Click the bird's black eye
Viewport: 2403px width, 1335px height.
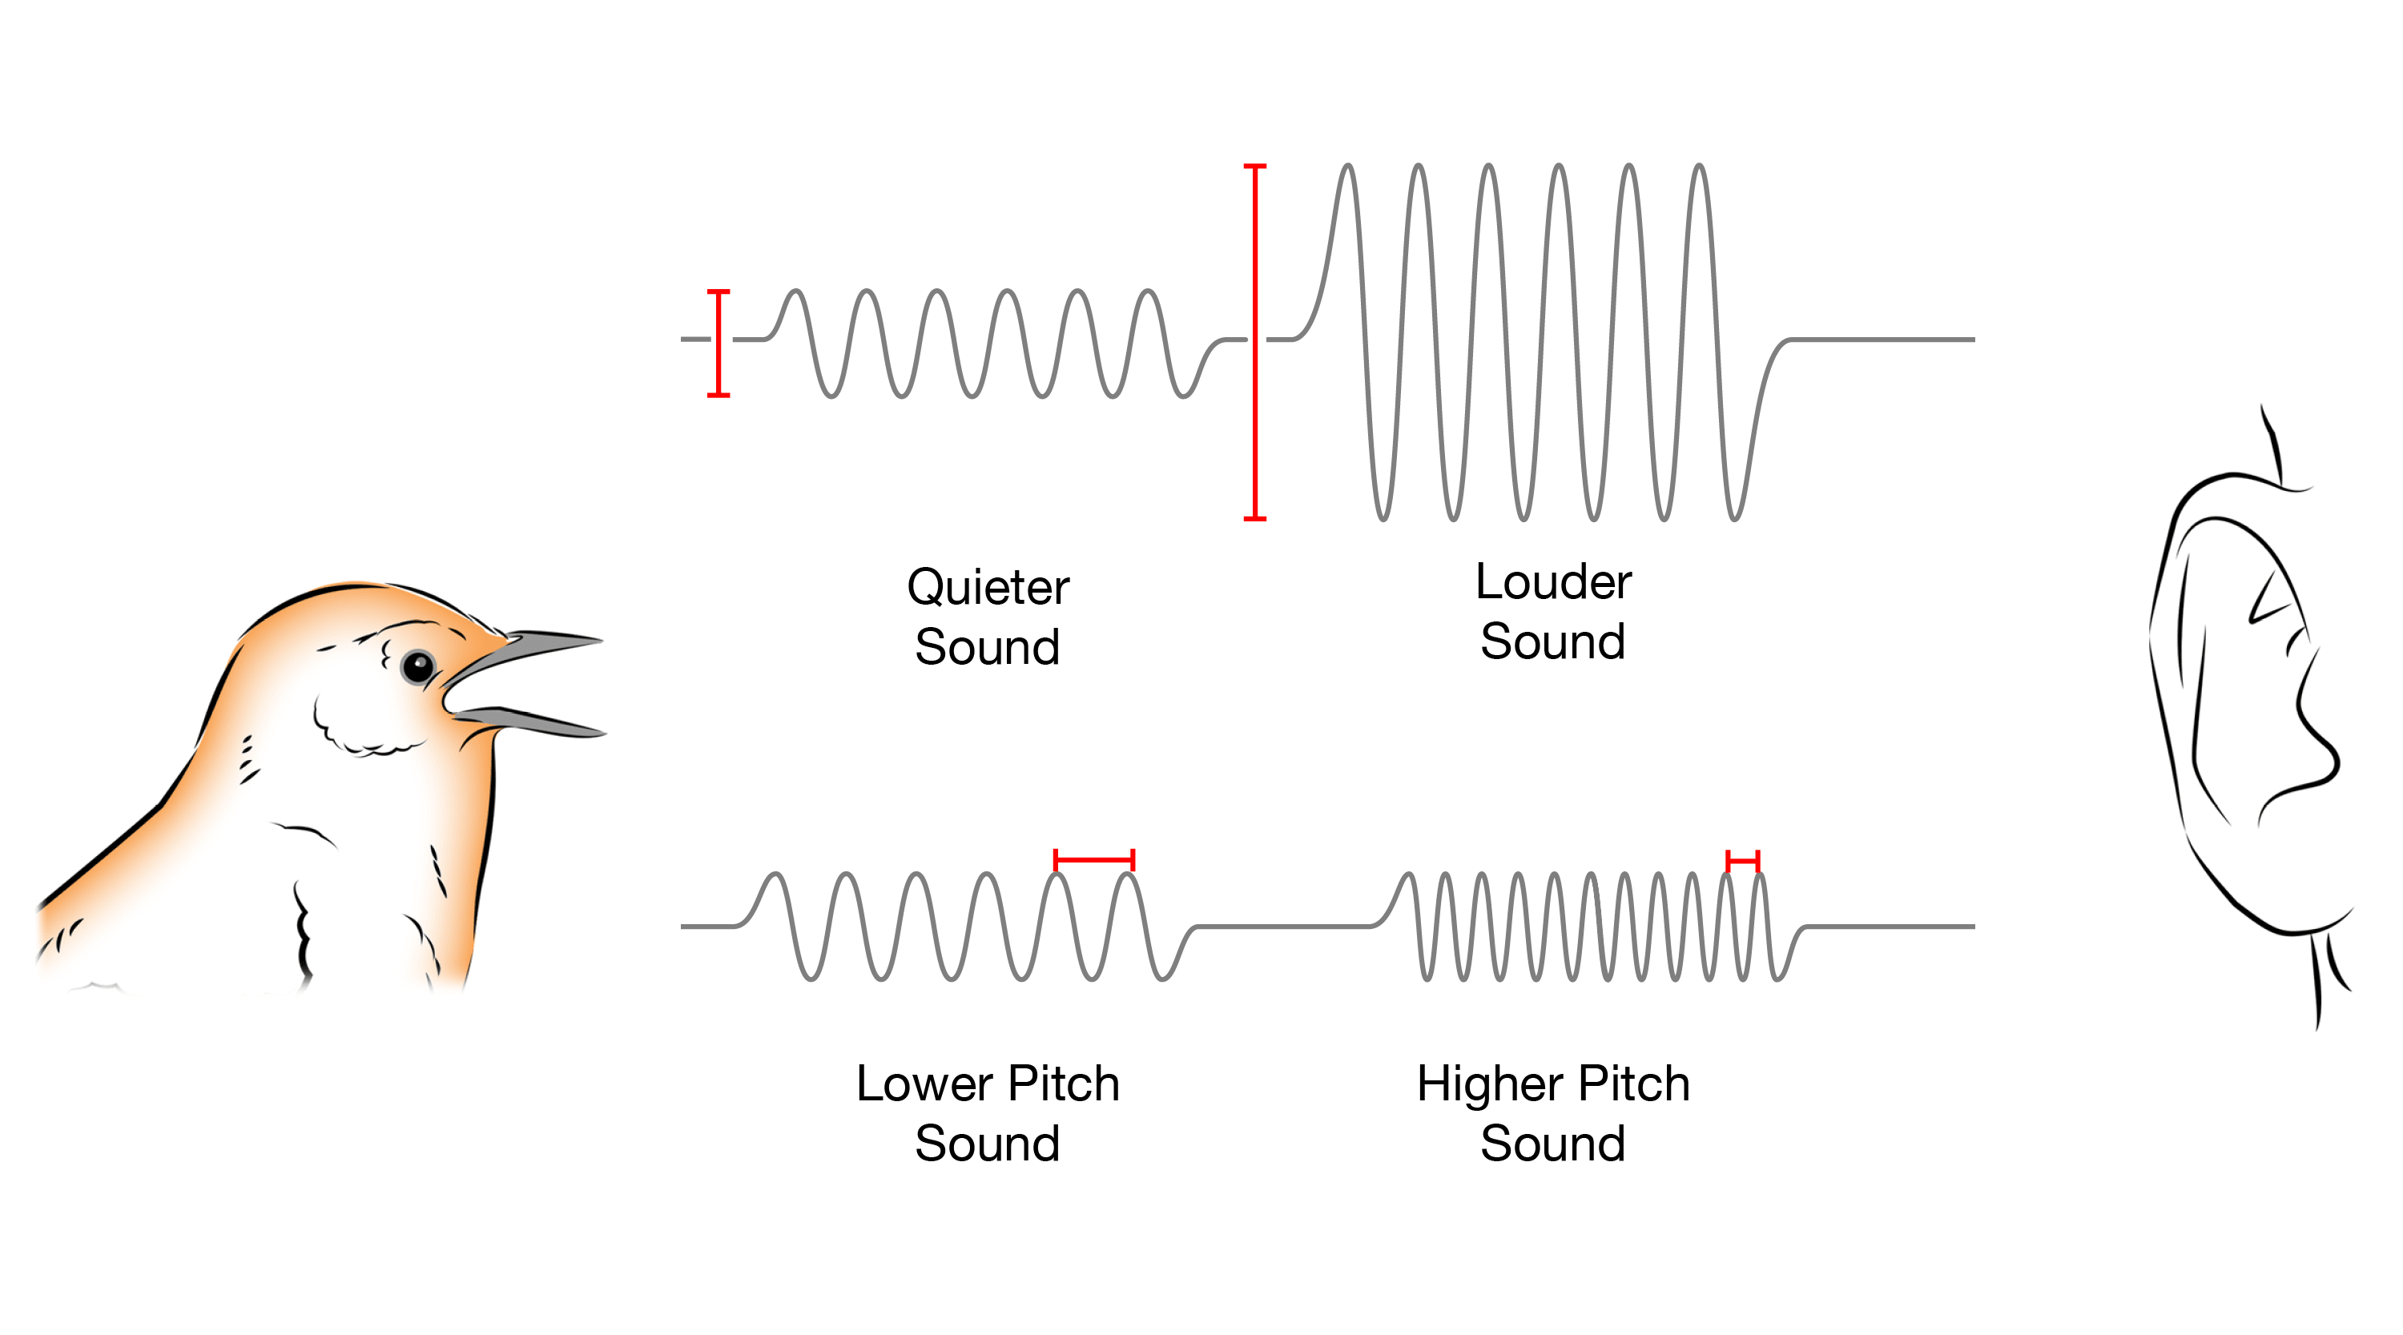coord(417,666)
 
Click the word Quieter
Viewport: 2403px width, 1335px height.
coord(988,588)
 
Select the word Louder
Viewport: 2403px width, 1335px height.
coord(1553,582)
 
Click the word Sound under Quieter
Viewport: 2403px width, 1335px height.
coord(987,646)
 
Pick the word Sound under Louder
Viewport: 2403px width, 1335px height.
coord(1553,641)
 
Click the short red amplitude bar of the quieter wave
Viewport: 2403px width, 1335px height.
coord(718,344)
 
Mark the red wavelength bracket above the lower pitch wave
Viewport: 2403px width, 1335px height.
coord(1093,859)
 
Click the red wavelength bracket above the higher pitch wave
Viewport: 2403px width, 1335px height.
coord(1742,860)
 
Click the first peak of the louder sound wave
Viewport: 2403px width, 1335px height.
coord(1347,166)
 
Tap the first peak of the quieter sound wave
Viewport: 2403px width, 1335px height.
coord(795,292)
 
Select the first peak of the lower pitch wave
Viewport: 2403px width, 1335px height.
coord(775,875)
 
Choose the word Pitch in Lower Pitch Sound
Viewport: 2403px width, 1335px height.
coord(1065,1084)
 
